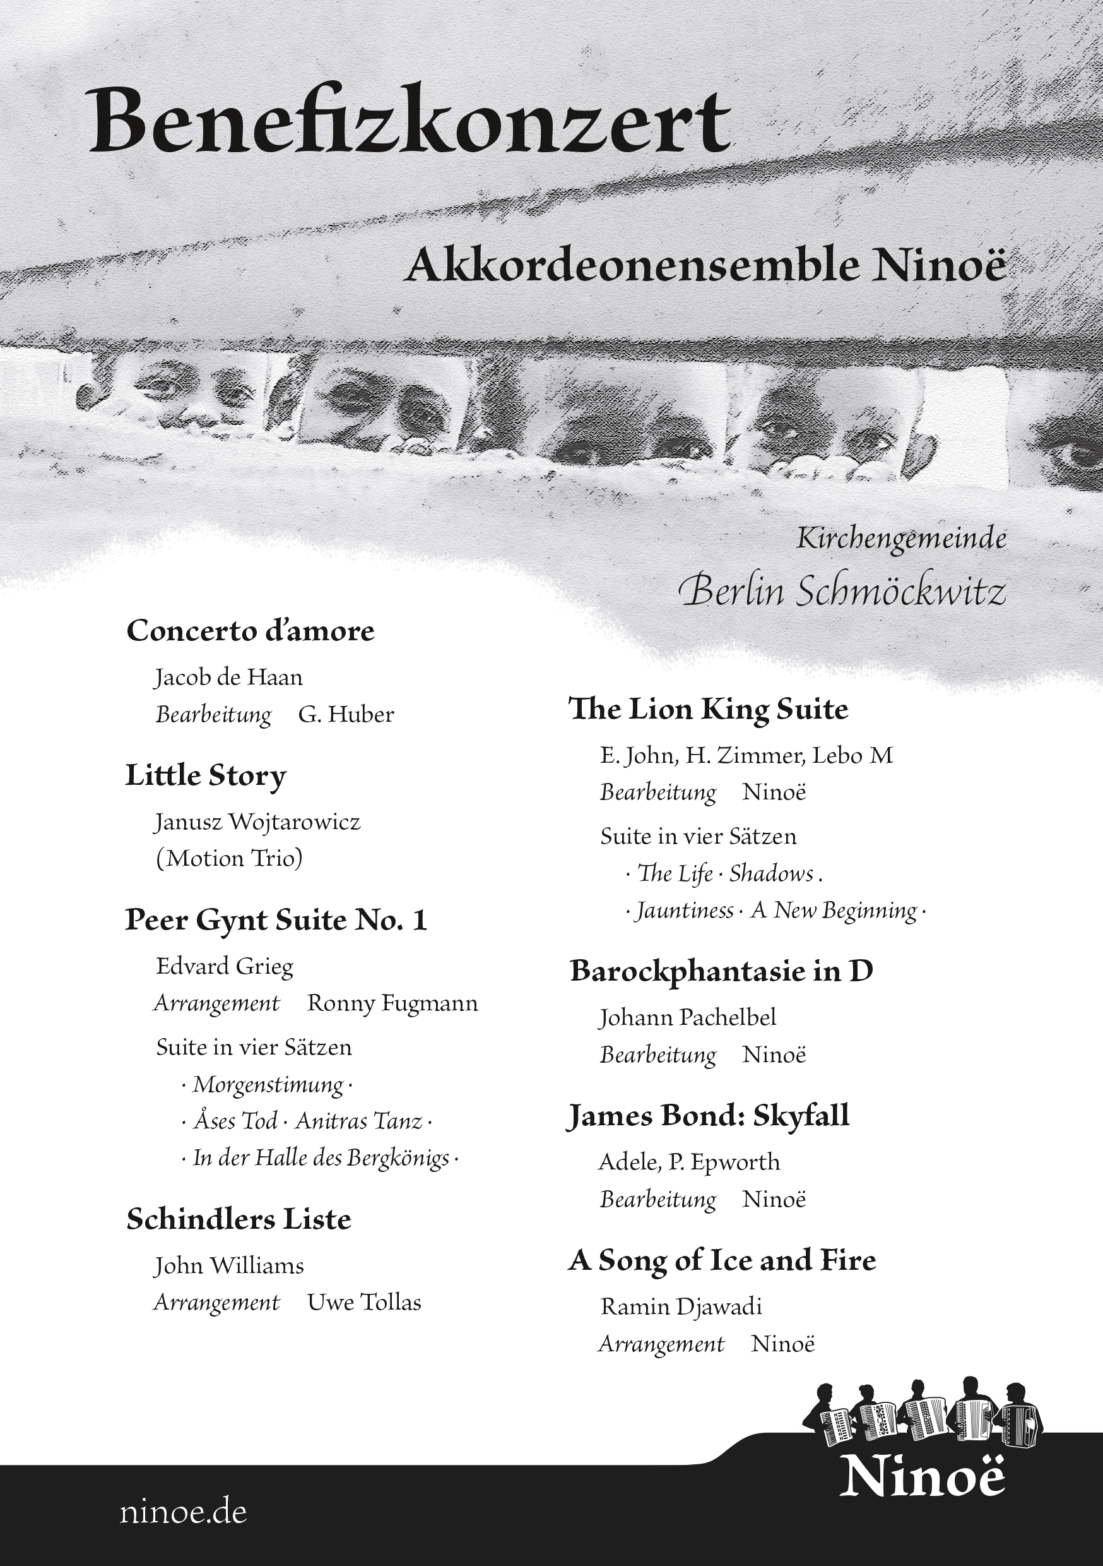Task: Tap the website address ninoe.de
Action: (183, 1512)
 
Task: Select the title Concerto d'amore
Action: (250, 631)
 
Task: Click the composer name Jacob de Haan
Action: (228, 678)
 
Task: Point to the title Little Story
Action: (205, 775)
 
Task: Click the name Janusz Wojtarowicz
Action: (257, 822)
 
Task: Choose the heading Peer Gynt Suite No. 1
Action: (276, 920)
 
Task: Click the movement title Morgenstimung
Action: (268, 1084)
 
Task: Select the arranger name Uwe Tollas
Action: (364, 1303)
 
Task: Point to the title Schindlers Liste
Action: (239, 1219)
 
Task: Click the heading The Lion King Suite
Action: (708, 709)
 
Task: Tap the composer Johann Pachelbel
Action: (687, 1018)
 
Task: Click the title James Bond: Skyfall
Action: (708, 1116)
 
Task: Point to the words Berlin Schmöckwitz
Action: (842, 591)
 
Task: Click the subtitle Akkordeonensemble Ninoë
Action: (705, 265)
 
